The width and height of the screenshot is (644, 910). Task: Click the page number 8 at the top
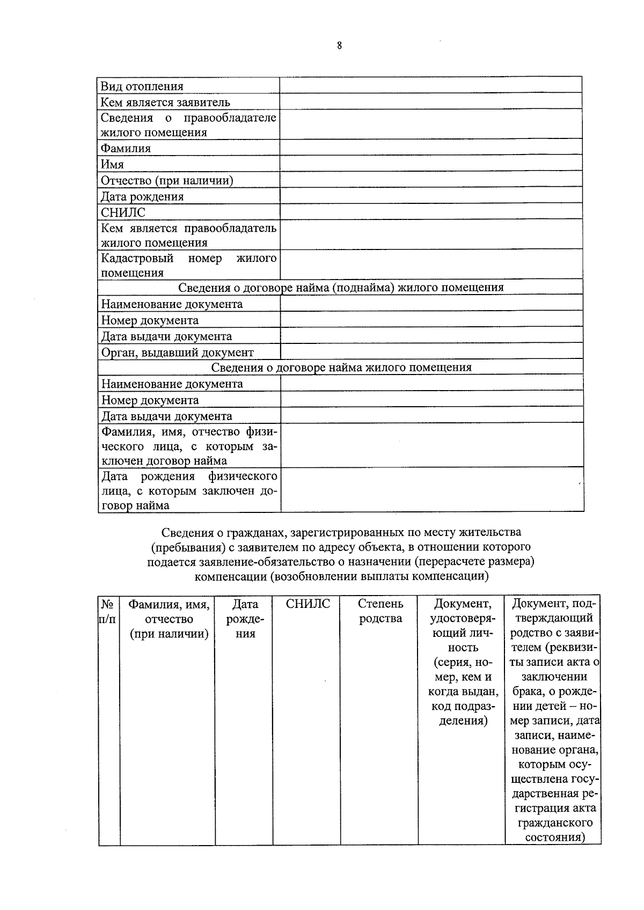(x=339, y=46)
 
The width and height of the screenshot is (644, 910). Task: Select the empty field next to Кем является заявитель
(x=430, y=101)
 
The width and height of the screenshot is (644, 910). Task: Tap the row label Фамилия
(x=126, y=148)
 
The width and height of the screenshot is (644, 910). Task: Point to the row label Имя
(x=113, y=164)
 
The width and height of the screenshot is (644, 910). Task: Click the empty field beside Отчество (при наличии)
(x=430, y=180)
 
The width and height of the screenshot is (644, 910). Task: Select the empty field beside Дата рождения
(x=430, y=196)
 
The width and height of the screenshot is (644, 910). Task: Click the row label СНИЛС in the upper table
(x=123, y=212)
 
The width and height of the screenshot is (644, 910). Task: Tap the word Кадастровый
(x=137, y=258)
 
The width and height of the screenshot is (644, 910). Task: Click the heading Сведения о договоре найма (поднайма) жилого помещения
(x=341, y=288)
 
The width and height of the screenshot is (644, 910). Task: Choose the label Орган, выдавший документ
(x=178, y=353)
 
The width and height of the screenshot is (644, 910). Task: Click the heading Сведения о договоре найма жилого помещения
(x=341, y=368)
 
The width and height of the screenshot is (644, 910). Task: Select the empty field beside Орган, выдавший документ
(x=431, y=352)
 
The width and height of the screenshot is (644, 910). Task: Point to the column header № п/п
(x=108, y=612)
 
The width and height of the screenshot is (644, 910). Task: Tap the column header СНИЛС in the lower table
(x=308, y=604)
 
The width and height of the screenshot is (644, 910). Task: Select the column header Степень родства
(x=380, y=611)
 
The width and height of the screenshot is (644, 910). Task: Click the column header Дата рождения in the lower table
(x=245, y=619)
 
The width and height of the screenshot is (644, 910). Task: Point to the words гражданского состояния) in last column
(x=554, y=830)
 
